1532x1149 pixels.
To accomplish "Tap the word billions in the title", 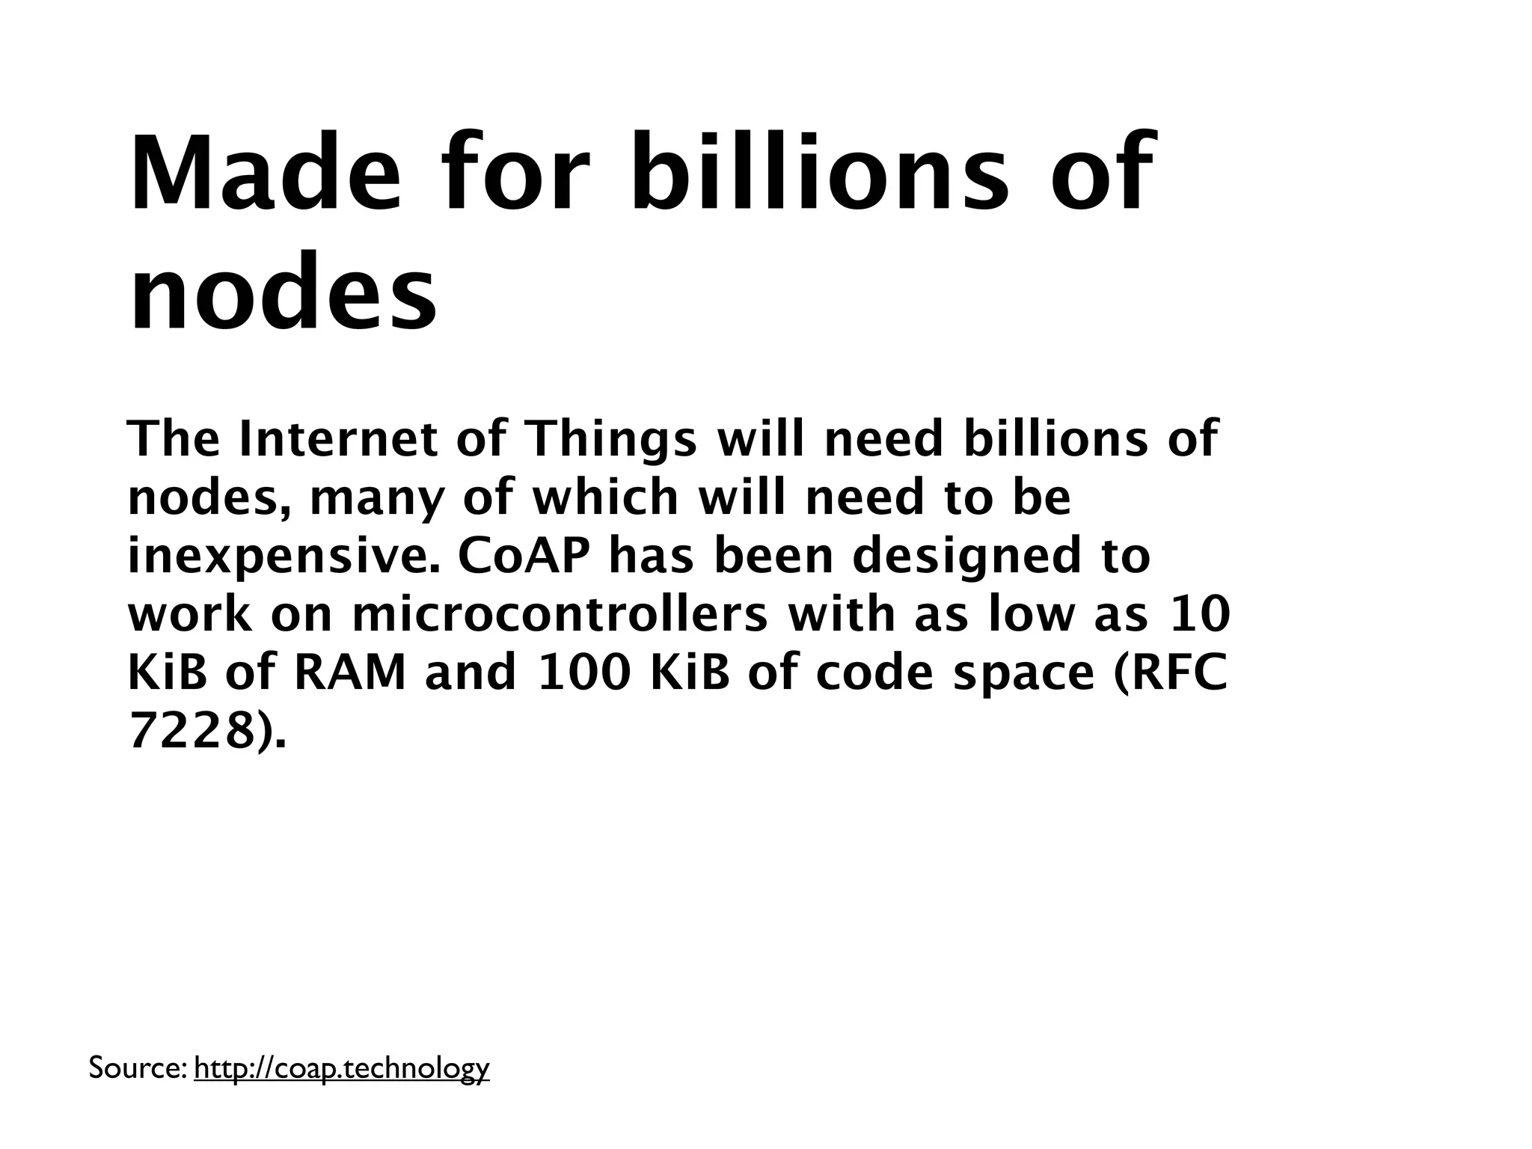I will (x=818, y=173).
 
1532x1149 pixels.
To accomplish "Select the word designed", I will (x=961, y=557).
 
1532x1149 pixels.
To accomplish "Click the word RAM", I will (x=350, y=672).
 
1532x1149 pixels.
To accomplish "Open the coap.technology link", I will (x=341, y=1068).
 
